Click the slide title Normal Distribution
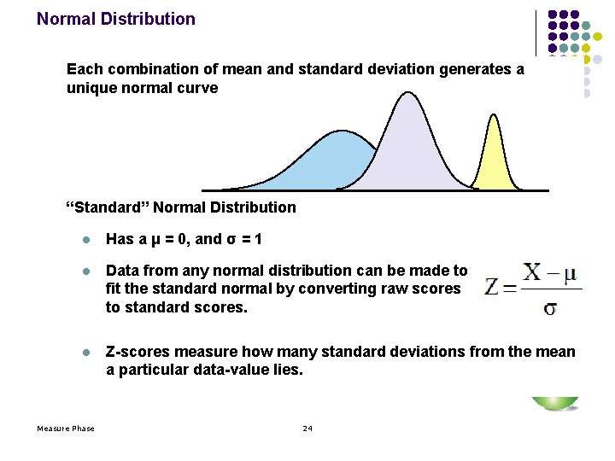coord(115,19)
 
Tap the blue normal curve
coord(329,162)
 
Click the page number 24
coord(307,428)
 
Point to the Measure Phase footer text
coord(66,428)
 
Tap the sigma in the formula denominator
coord(549,307)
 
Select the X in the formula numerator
coord(532,272)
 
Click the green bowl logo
coord(554,403)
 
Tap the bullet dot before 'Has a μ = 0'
coord(85,239)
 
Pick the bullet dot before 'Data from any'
coord(85,271)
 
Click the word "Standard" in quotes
coord(108,207)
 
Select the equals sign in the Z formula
coord(510,288)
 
